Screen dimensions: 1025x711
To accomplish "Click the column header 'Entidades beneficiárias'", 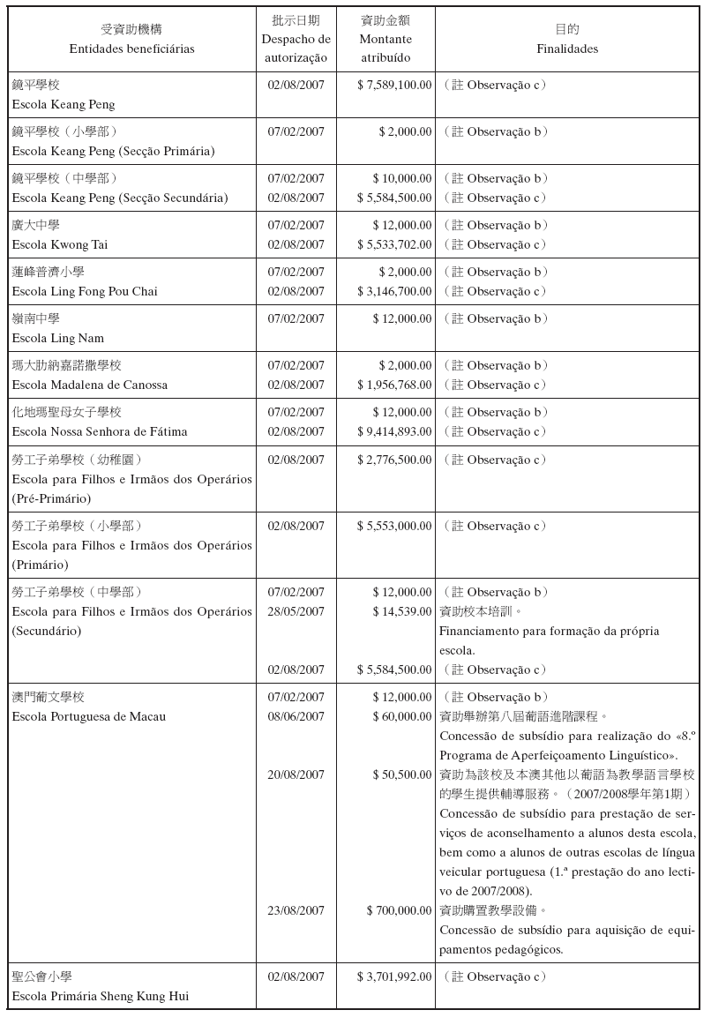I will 131,49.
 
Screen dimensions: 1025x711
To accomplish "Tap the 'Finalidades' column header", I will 567,49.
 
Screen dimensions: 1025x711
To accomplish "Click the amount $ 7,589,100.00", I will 394,85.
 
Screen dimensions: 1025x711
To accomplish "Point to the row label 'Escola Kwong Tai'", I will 60,244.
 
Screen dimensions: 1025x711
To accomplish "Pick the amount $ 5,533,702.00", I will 394,244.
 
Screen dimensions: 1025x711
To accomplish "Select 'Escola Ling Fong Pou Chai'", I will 85,291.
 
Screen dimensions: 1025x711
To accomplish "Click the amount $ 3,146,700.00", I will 394,291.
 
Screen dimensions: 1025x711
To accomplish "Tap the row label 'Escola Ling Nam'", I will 57,338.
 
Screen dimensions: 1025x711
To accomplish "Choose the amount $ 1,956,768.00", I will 394,385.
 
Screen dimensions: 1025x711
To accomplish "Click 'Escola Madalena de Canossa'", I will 89,385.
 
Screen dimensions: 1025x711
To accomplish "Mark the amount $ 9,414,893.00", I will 394,431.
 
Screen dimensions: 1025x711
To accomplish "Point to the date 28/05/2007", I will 296,611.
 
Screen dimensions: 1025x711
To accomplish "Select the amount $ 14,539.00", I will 402,611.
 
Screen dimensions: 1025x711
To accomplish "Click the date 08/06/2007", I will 296,716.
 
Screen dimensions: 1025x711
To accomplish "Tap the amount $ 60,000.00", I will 402,716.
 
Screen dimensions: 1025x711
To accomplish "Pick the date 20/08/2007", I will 296,774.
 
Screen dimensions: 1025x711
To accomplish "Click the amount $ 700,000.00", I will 399,910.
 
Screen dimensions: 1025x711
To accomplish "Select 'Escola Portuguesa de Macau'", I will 89,716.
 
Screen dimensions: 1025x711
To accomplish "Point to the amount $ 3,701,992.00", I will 394,976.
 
